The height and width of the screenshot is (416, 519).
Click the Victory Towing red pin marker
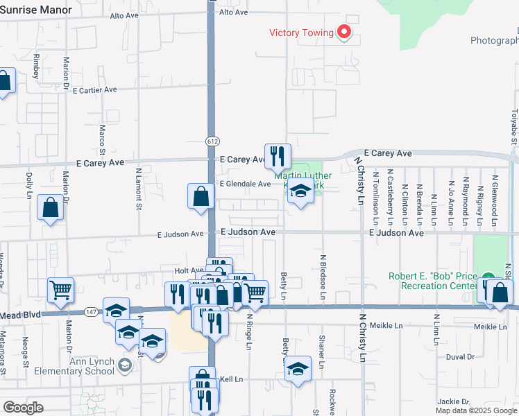coord(343,31)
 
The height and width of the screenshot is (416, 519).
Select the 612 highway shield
coord(212,141)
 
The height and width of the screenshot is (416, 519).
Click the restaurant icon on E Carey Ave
coord(278,157)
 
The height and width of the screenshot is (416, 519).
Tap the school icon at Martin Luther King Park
coord(300,191)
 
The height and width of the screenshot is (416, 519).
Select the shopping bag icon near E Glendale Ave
coord(201,196)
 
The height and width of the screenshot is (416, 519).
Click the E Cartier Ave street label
coord(94,90)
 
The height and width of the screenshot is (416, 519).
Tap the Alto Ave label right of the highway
coord(233,12)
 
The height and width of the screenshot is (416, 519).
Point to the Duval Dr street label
coord(460,356)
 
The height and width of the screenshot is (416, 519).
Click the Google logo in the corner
coord(23,407)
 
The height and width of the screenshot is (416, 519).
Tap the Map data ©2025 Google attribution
coord(476,410)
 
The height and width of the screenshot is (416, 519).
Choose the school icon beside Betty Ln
coord(298,369)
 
